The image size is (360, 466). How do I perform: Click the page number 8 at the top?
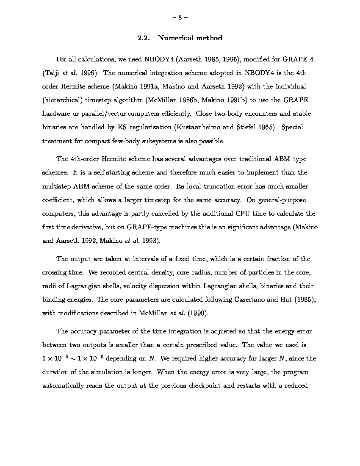pyautogui.click(x=180, y=18)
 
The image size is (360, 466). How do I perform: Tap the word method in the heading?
pyautogui.click(x=209, y=38)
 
